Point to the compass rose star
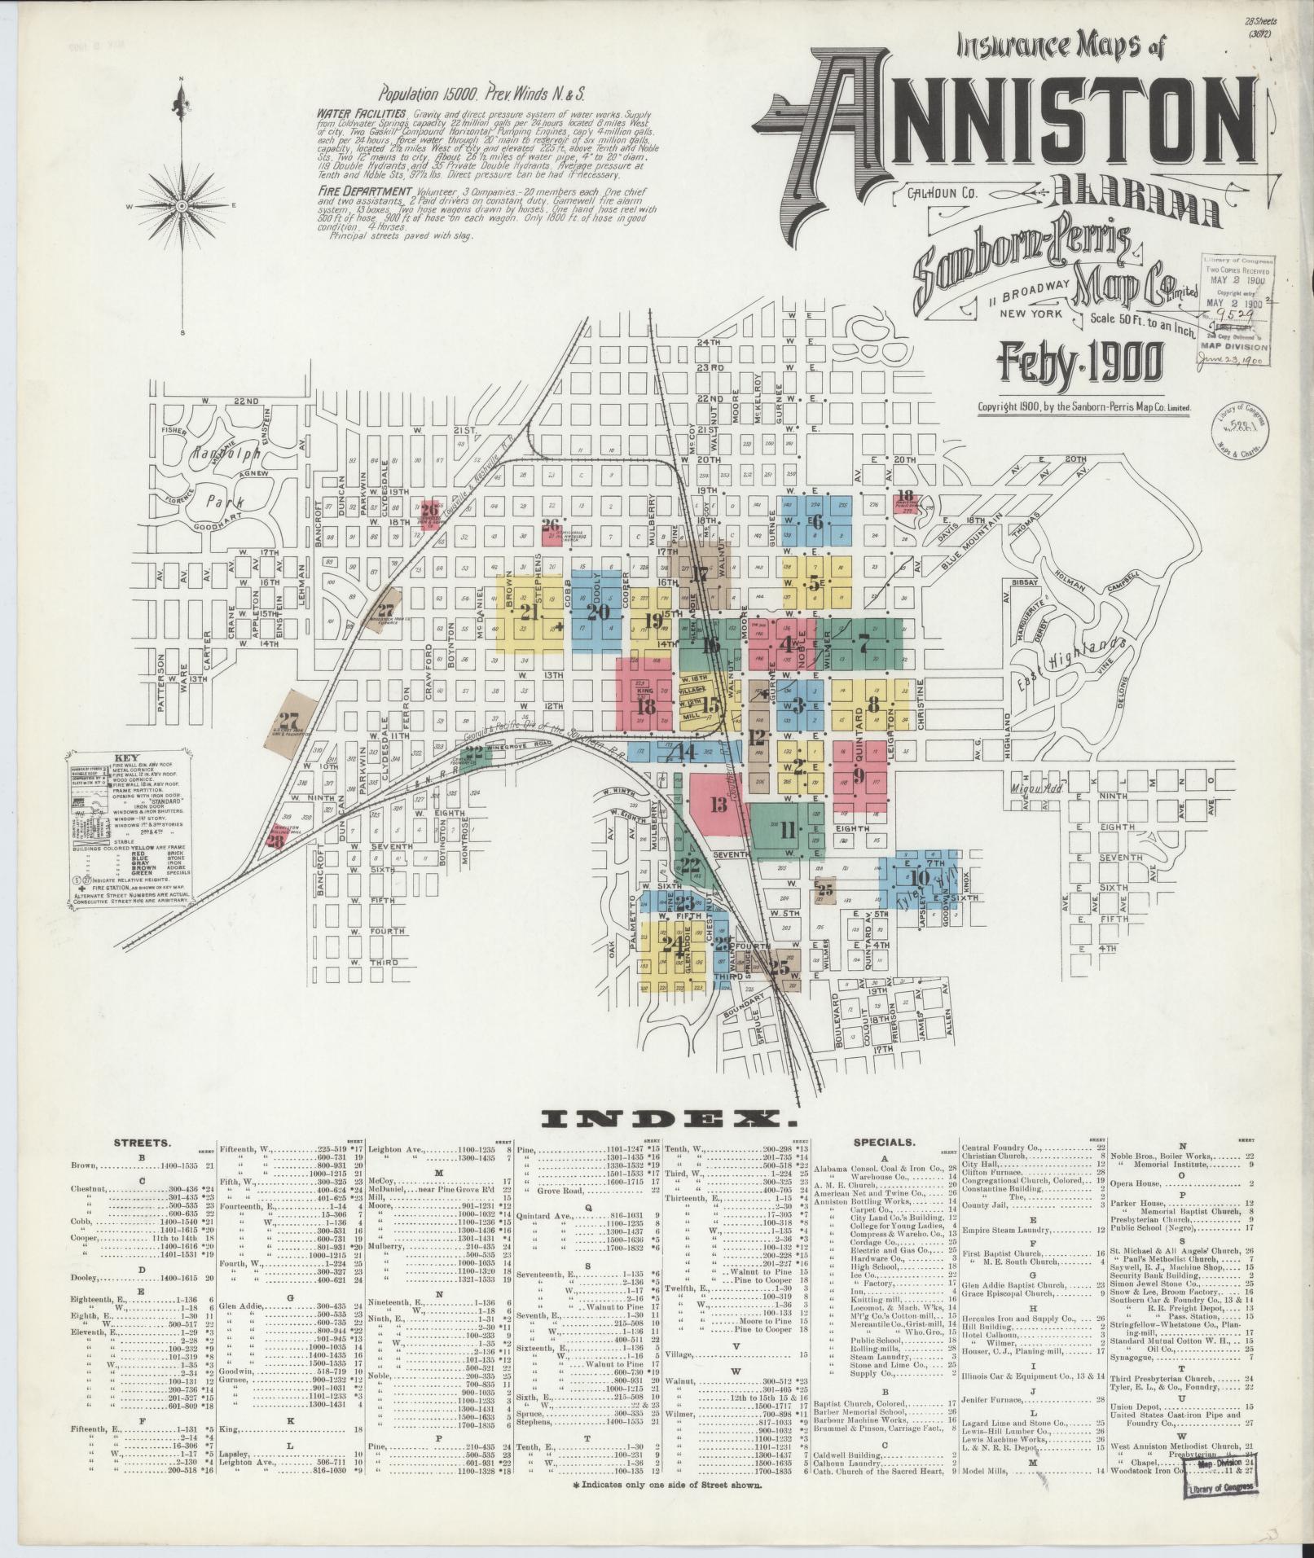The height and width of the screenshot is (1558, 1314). (x=180, y=206)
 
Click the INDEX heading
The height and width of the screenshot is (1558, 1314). (x=657, y=1121)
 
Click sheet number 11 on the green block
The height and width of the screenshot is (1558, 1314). (x=787, y=832)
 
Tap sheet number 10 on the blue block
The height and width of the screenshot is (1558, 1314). (x=920, y=877)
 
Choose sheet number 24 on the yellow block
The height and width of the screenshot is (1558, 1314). (x=673, y=944)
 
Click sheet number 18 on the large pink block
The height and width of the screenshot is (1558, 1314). (x=647, y=707)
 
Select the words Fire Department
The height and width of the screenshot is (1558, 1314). (x=361, y=191)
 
